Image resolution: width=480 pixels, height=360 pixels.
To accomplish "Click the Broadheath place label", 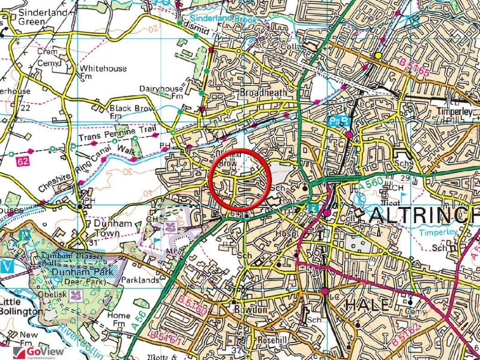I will coord(263,93).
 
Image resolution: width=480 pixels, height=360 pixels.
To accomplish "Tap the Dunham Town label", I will coord(113,228).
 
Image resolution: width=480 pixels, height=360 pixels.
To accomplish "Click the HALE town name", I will coord(367,305).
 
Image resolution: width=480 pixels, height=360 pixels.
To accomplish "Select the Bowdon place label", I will coord(254,310).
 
